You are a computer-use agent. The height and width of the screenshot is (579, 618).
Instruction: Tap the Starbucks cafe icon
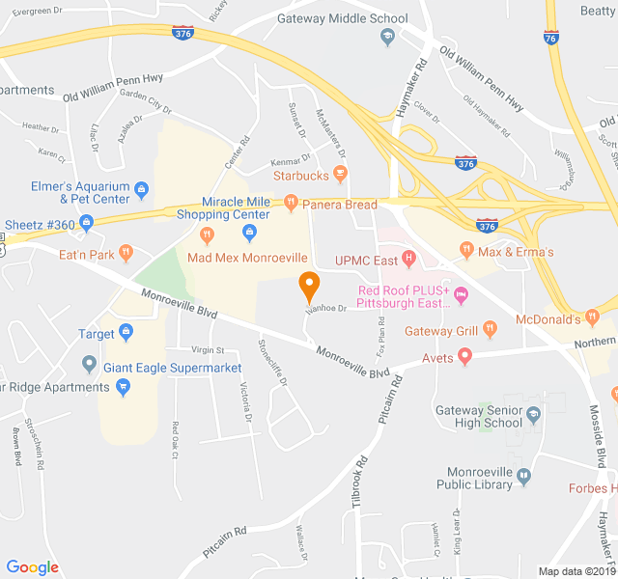point(339,175)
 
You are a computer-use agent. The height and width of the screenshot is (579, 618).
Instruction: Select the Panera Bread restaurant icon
point(290,205)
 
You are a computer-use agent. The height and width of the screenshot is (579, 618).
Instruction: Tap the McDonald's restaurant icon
point(596,318)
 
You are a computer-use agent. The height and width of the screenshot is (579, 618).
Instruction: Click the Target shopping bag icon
point(126,335)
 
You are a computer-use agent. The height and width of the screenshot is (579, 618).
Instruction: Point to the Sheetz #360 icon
point(86,224)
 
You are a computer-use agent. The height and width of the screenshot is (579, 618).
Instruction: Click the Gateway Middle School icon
point(387,37)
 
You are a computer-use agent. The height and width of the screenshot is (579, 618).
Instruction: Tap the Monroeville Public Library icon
point(523,476)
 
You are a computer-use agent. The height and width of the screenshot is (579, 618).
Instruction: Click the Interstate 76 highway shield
point(550,38)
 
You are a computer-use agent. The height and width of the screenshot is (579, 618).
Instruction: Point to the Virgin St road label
point(207,350)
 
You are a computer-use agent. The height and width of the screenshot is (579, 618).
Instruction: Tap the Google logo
point(33,567)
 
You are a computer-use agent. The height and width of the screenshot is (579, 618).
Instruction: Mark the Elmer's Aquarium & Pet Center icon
point(141,188)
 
